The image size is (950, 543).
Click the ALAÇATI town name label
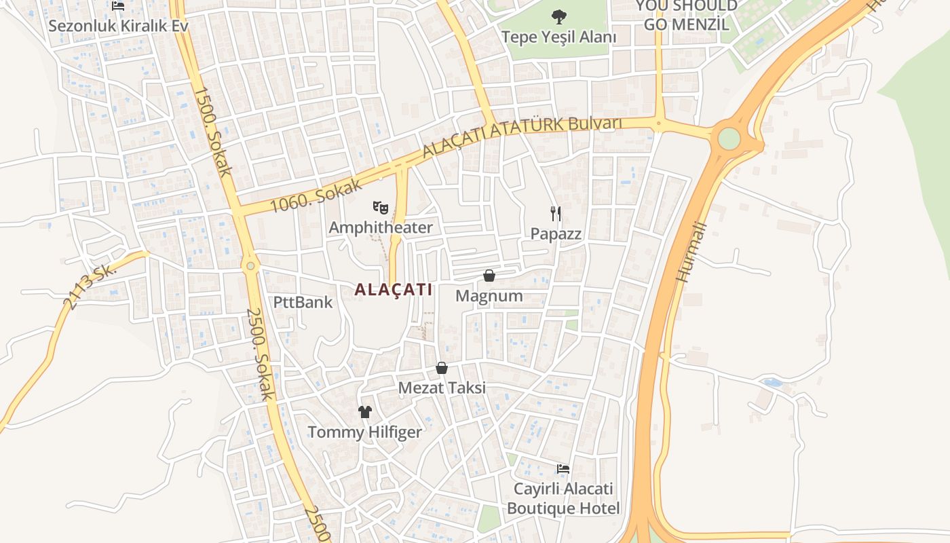(393, 290)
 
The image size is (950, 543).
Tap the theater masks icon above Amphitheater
(380, 206)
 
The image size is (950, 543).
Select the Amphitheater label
(380, 227)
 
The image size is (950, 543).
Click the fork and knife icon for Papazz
(556, 214)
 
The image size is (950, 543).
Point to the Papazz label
(556, 234)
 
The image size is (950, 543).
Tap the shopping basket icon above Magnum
(489, 275)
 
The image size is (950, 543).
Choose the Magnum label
(489, 296)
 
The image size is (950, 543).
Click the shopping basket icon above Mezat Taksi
(442, 367)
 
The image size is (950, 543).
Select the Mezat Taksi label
(442, 388)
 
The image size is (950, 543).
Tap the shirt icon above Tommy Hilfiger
(365, 411)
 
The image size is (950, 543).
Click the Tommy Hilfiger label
(364, 432)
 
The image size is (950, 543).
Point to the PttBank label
(303, 302)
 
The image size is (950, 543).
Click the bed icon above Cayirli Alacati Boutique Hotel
(563, 468)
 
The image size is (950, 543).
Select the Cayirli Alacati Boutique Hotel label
(563, 499)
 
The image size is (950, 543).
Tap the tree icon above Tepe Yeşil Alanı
(559, 16)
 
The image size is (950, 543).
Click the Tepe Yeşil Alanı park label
(559, 37)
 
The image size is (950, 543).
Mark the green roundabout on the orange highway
(729, 138)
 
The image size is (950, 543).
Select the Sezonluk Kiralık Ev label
(118, 26)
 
